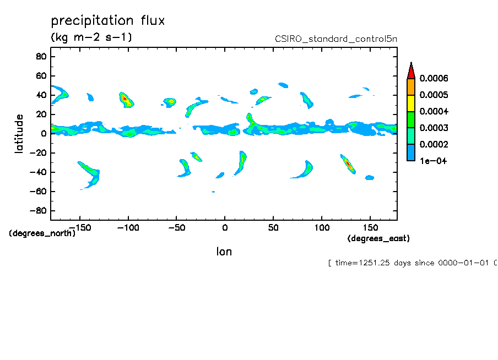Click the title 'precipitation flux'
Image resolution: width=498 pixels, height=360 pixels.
pyautogui.click(x=108, y=21)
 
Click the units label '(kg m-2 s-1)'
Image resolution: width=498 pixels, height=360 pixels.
pyautogui.click(x=91, y=37)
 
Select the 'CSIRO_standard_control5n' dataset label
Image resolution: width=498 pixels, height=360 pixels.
pyautogui.click(x=335, y=39)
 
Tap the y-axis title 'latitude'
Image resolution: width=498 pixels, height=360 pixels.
pyautogui.click(x=19, y=133)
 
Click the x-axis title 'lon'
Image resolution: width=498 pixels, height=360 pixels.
pyautogui.click(x=224, y=252)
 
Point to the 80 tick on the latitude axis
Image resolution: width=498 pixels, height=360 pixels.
pyautogui.click(x=40, y=56)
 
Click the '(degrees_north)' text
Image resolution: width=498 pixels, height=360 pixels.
pyautogui.click(x=42, y=233)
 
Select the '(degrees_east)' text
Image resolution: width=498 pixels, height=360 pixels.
pyautogui.click(x=378, y=238)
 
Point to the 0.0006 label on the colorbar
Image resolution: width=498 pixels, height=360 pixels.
pyautogui.click(x=434, y=79)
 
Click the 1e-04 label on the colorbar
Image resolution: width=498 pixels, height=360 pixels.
pyautogui.click(x=432, y=161)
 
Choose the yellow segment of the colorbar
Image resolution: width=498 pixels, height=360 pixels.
pyautogui.click(x=410, y=103)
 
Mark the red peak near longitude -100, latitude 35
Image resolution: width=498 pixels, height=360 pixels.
pyautogui.click(x=125, y=99)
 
